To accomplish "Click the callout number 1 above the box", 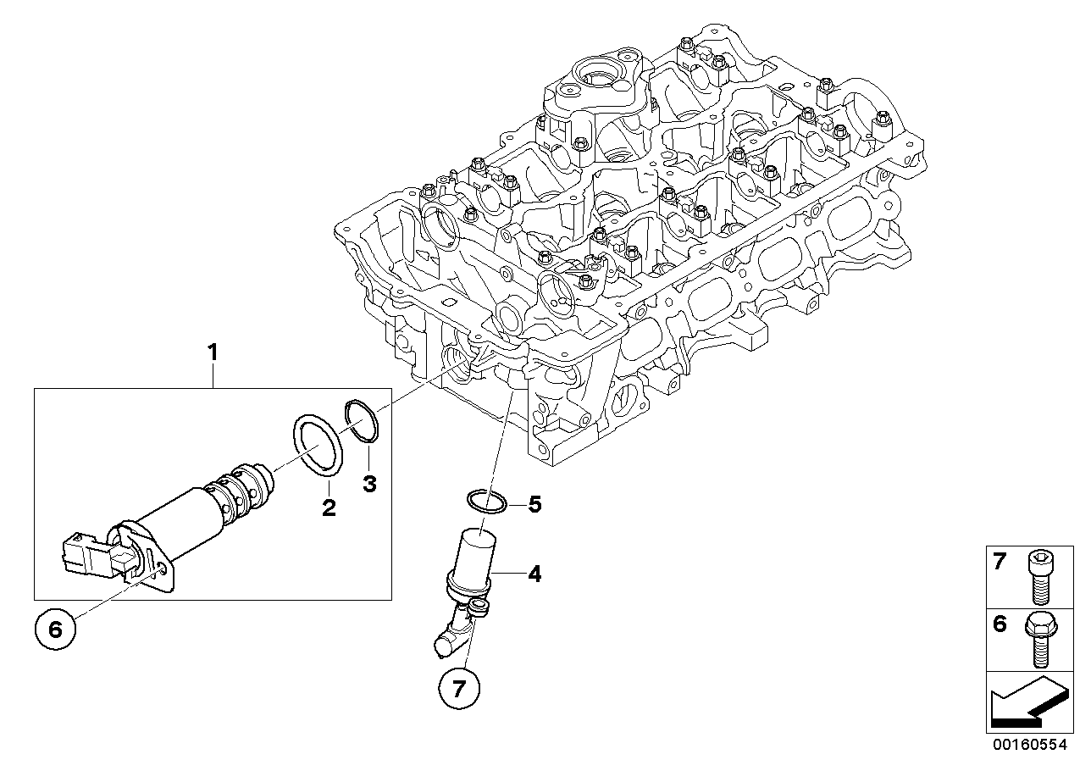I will click(x=213, y=351).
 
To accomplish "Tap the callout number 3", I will click(x=368, y=484).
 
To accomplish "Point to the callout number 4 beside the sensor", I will click(x=534, y=574).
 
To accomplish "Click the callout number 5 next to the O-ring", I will click(x=534, y=505).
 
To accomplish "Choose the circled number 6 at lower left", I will click(x=56, y=629).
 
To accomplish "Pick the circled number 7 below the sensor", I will click(x=460, y=689).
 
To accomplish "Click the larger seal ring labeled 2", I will click(x=318, y=445).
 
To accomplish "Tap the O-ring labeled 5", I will click(x=485, y=502).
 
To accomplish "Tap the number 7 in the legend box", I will click(x=1000, y=562).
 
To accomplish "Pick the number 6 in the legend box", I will click(x=1000, y=624).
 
